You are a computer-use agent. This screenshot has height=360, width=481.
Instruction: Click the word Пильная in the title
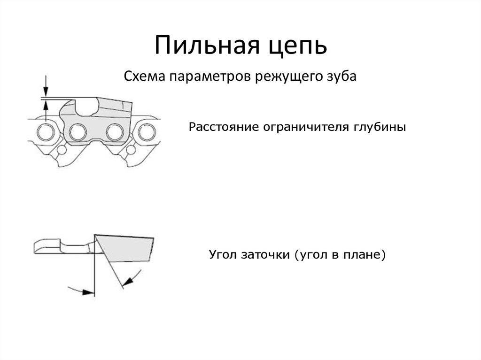[x=207, y=45]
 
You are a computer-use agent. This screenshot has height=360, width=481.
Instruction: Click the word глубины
[x=380, y=127]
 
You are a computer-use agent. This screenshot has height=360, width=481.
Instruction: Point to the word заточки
[x=265, y=255]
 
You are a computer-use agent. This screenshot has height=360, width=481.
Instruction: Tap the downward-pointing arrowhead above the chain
[x=46, y=91]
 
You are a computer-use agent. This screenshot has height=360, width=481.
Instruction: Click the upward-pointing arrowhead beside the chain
[x=46, y=106]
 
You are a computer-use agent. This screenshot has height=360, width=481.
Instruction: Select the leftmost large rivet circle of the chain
[x=46, y=132]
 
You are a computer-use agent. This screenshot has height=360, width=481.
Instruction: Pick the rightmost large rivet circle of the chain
[x=147, y=132]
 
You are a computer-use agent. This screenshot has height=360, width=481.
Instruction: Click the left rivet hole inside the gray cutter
[x=78, y=132]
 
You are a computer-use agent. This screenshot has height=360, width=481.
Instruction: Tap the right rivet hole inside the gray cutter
[x=115, y=132]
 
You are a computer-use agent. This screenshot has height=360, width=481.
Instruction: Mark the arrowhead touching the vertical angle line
[x=89, y=292]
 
